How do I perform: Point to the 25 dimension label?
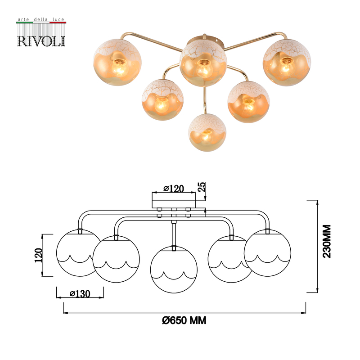tap(202, 187)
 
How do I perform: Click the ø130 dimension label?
tap(80, 293)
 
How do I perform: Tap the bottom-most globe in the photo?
tap(206, 133)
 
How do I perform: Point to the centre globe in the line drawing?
tap(173, 269)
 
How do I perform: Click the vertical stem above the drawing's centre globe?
tap(174, 233)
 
